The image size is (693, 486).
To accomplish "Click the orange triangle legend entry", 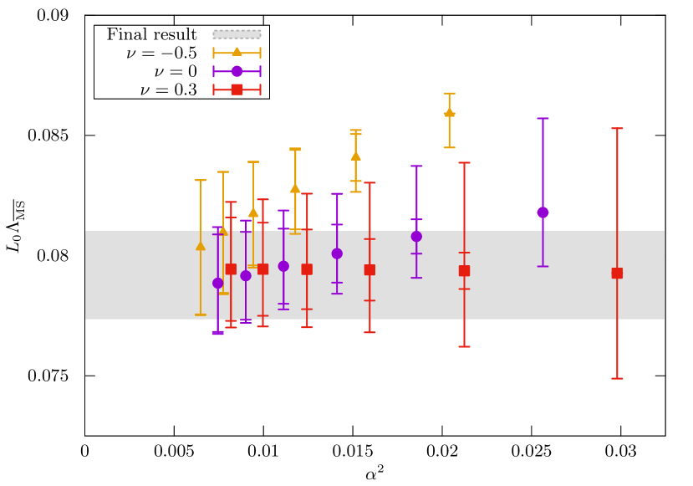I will tap(237, 53).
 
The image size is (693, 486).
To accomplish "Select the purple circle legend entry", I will tap(237, 71).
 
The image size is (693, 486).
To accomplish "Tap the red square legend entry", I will tap(237, 90).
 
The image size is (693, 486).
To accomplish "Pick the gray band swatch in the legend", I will tap(237, 34).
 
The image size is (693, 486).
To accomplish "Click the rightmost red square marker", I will tap(617, 273).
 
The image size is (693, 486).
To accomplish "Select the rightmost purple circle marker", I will tap(543, 212).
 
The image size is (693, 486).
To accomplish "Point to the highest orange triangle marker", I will tap(449, 112).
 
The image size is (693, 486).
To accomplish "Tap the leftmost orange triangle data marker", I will tap(201, 246).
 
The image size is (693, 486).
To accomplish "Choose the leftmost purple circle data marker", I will tap(218, 283).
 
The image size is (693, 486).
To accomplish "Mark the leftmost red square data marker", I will tap(231, 269).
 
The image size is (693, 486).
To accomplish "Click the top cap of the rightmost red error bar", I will tap(617, 128).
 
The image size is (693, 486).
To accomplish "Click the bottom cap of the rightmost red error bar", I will tap(617, 378).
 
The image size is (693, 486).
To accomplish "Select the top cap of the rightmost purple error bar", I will tap(543, 118).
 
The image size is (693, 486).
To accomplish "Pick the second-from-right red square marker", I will tap(464, 271).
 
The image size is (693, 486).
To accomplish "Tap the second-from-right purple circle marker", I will tap(416, 237).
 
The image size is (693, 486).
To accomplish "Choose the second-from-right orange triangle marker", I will tap(355, 156).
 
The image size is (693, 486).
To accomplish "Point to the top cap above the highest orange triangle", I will tap(449, 93).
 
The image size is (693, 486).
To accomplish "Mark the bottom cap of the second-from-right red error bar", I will tap(464, 346).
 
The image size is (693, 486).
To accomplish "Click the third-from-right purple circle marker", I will tap(337, 253).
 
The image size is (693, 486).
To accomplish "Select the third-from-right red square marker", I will tap(369, 270).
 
